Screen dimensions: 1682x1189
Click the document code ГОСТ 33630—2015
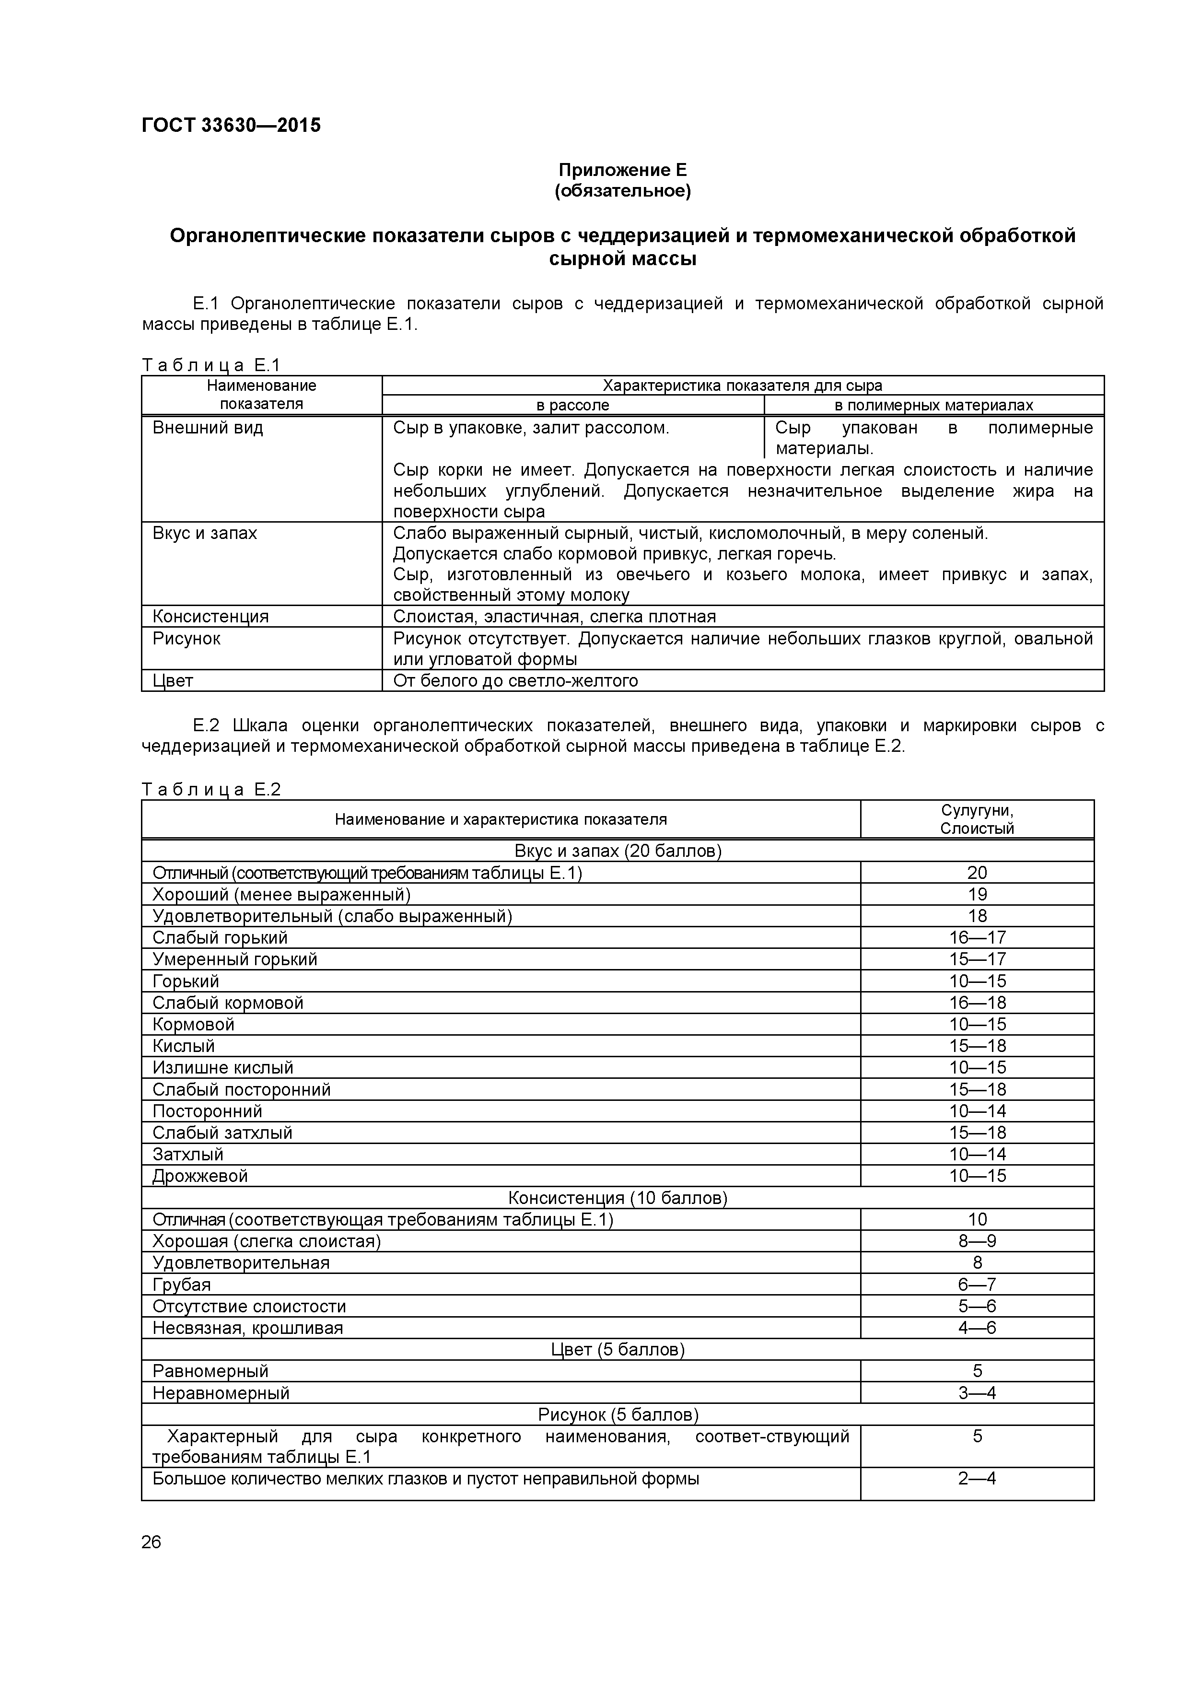[231, 125]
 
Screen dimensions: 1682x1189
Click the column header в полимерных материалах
[933, 405]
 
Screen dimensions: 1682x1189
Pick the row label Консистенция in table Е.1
[210, 616]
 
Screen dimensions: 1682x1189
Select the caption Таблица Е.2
[211, 789]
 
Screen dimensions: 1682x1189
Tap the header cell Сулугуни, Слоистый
[977, 819]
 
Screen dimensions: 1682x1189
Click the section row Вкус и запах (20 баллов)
[617, 851]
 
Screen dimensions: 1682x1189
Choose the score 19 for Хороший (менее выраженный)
[977, 895]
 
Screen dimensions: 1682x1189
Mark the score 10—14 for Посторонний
[977, 1110]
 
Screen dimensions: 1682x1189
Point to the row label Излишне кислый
[223, 1067]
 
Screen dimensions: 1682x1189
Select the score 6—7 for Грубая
[977, 1284]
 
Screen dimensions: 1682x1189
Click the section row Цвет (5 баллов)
[617, 1349]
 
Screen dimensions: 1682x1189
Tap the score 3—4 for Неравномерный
[977, 1392]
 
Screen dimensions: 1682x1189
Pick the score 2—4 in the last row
[977, 1478]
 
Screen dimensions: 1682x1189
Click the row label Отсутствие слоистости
[249, 1306]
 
